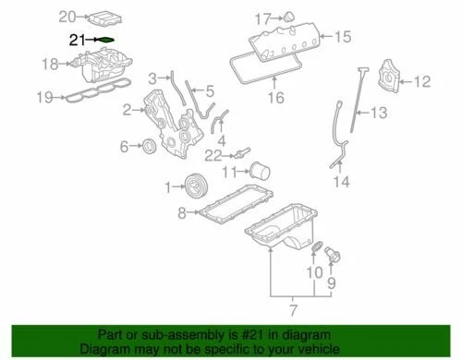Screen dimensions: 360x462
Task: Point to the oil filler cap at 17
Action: [287, 17]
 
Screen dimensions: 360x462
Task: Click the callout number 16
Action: [274, 97]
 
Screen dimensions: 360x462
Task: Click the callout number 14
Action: [342, 181]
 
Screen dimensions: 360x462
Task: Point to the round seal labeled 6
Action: [148, 147]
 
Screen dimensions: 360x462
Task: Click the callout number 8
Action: [182, 213]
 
